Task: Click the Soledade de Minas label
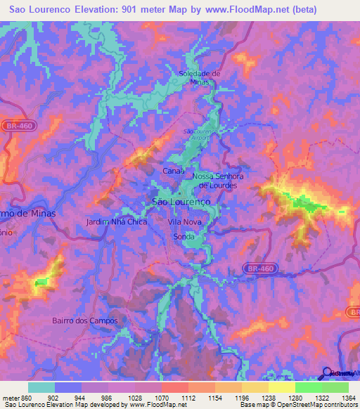[200, 77]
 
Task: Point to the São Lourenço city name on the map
[181, 201]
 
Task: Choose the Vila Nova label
[185, 221]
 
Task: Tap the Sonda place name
[184, 237]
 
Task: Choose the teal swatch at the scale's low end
[41, 387]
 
